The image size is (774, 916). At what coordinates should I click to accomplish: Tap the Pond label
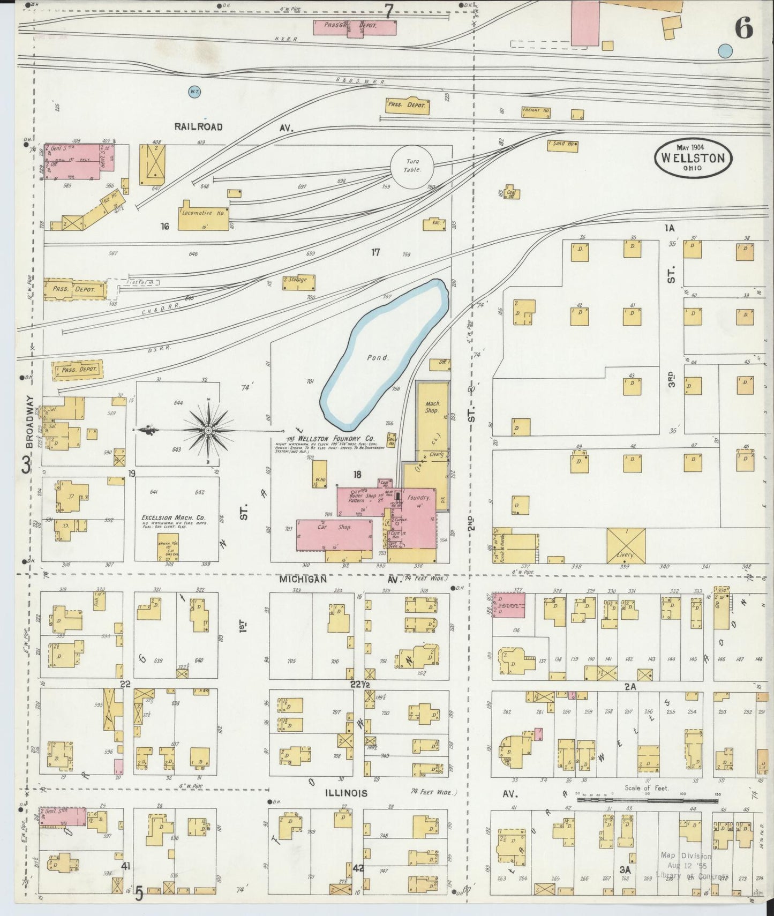click(377, 357)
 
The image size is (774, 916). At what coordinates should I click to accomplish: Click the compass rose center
click(207, 430)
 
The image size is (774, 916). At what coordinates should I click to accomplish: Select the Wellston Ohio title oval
click(693, 158)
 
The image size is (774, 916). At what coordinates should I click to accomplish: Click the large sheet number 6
click(743, 28)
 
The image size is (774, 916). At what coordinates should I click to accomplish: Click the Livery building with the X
click(626, 545)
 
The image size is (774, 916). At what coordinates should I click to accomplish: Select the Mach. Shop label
click(432, 407)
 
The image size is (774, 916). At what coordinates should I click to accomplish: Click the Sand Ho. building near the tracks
click(561, 144)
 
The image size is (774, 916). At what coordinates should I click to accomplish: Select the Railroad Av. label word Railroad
click(198, 127)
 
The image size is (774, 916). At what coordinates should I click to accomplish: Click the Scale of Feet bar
click(647, 800)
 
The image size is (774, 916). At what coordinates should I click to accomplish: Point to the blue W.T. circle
click(194, 92)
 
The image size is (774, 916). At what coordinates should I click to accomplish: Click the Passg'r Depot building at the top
click(355, 26)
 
